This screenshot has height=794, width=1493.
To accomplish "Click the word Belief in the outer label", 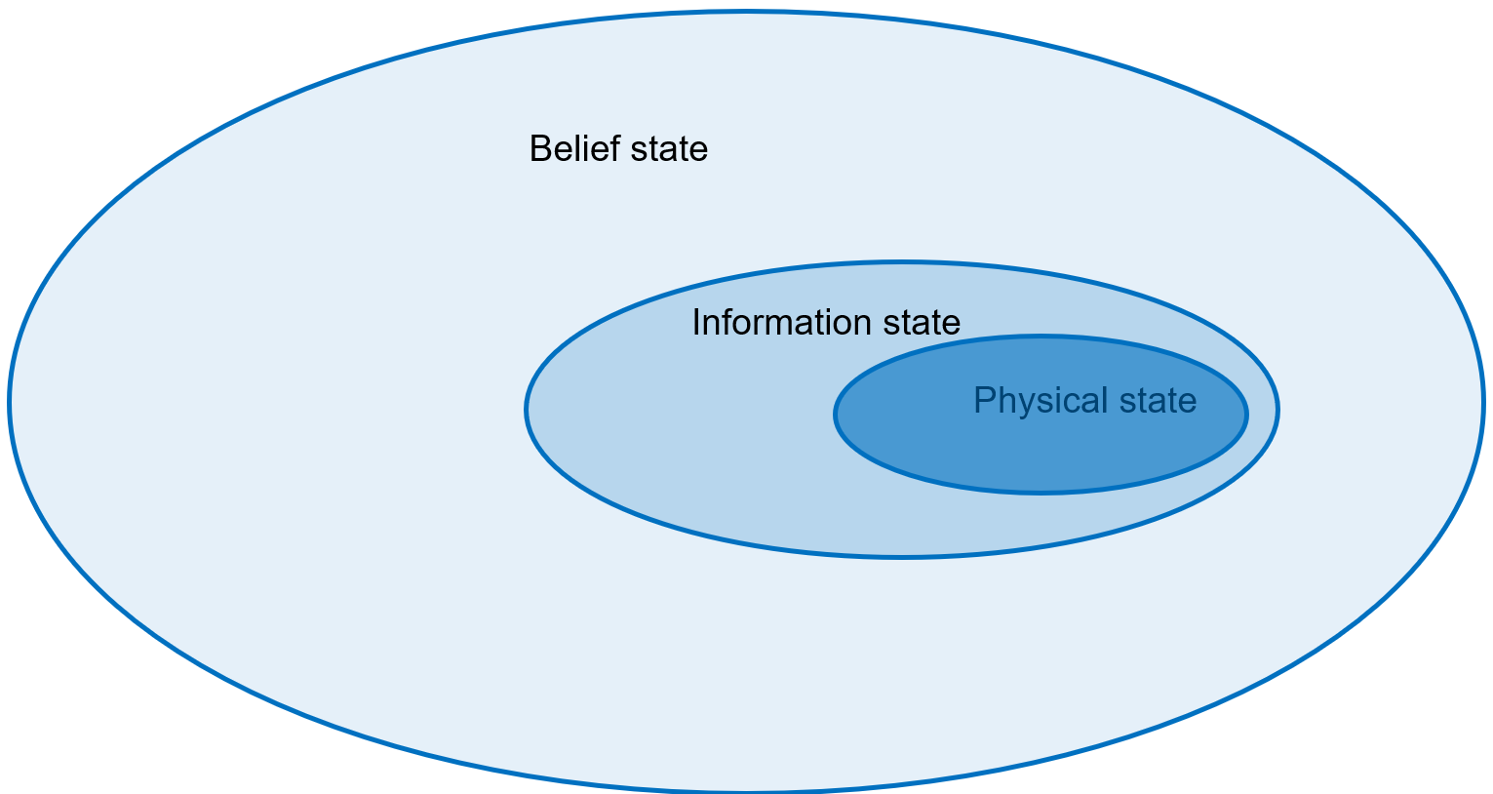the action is [575, 148].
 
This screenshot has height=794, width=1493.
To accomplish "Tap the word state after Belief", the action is [669, 149].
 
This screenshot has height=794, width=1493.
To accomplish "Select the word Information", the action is [782, 322].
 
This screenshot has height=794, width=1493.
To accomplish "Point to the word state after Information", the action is [922, 323].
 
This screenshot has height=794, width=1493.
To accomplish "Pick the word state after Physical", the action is [1158, 402].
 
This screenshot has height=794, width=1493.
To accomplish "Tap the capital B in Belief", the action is [540, 148].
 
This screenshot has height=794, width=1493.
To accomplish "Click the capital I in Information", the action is [696, 323].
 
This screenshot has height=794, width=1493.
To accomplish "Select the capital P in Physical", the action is [985, 400].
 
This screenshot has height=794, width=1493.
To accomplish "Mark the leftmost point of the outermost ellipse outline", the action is [9, 402].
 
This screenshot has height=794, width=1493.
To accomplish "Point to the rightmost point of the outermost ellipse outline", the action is [1484, 402].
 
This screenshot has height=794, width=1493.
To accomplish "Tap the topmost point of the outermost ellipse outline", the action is [747, 12].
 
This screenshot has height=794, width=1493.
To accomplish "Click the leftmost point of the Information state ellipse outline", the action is [526, 410].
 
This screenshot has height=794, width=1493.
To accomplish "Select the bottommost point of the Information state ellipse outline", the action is [902, 557].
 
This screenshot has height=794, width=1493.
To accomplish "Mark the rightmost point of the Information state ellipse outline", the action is [1277, 410].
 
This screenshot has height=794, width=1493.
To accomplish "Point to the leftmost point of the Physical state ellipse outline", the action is [835, 415].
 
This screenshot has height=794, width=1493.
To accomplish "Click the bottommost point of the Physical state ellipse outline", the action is [1041, 493].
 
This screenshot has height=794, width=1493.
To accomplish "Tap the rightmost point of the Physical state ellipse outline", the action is [1246, 415].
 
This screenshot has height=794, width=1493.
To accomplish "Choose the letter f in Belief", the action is [614, 148].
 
